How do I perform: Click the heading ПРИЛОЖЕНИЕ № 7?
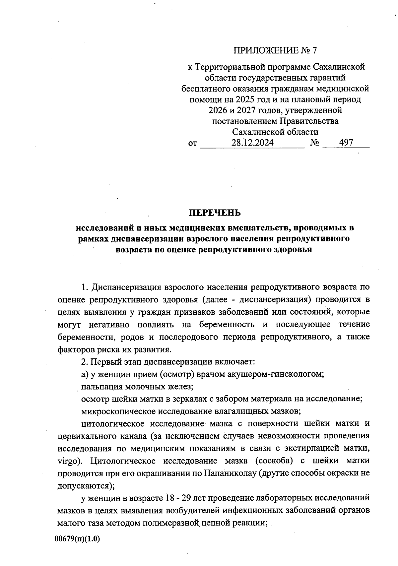pyautogui.click(x=275, y=50)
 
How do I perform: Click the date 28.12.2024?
pyautogui.click(x=252, y=143)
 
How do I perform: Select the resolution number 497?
pyautogui.click(x=346, y=143)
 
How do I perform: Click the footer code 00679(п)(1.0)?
pyautogui.click(x=77, y=538)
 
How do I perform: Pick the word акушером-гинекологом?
pyautogui.click(x=276, y=374)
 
